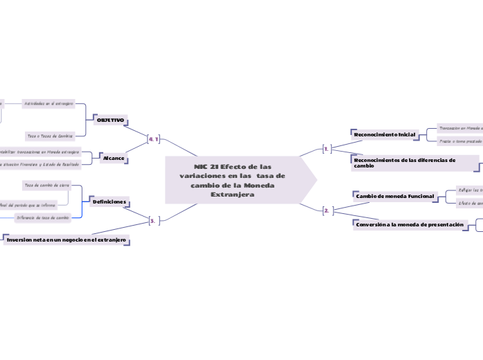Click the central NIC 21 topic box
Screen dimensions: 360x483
pos(234,180)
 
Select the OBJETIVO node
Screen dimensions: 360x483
pos(109,120)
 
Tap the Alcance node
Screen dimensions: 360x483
pos(114,159)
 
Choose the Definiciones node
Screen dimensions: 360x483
pos(109,201)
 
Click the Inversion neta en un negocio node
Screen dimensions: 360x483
pos(67,240)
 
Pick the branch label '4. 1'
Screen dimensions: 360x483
pos(154,139)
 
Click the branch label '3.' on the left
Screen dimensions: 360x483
pos(154,221)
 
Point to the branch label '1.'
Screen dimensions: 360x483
pos(326,147)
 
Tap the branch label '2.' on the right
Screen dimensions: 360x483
pos(326,210)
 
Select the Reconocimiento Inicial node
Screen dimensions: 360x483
pos(385,134)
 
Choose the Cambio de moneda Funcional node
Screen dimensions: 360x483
pos(394,196)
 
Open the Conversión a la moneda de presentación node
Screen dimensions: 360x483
pos(409,225)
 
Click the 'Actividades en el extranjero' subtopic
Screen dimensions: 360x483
pos(49,103)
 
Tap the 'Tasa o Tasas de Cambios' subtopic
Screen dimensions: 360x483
pos(49,136)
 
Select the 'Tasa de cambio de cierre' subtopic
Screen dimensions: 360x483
pos(46,186)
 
